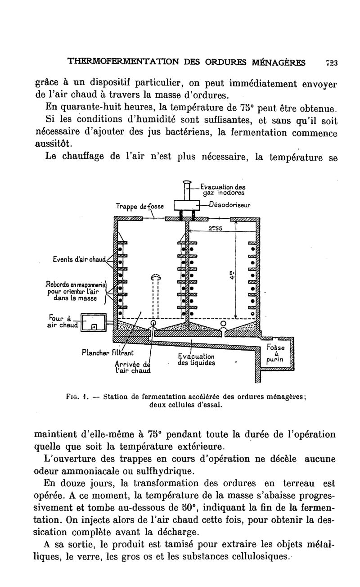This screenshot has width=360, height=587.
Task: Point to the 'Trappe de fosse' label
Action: coord(139,206)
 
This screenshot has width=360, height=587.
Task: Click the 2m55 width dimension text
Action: coord(216,228)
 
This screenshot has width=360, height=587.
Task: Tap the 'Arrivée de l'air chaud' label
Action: coord(131,367)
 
